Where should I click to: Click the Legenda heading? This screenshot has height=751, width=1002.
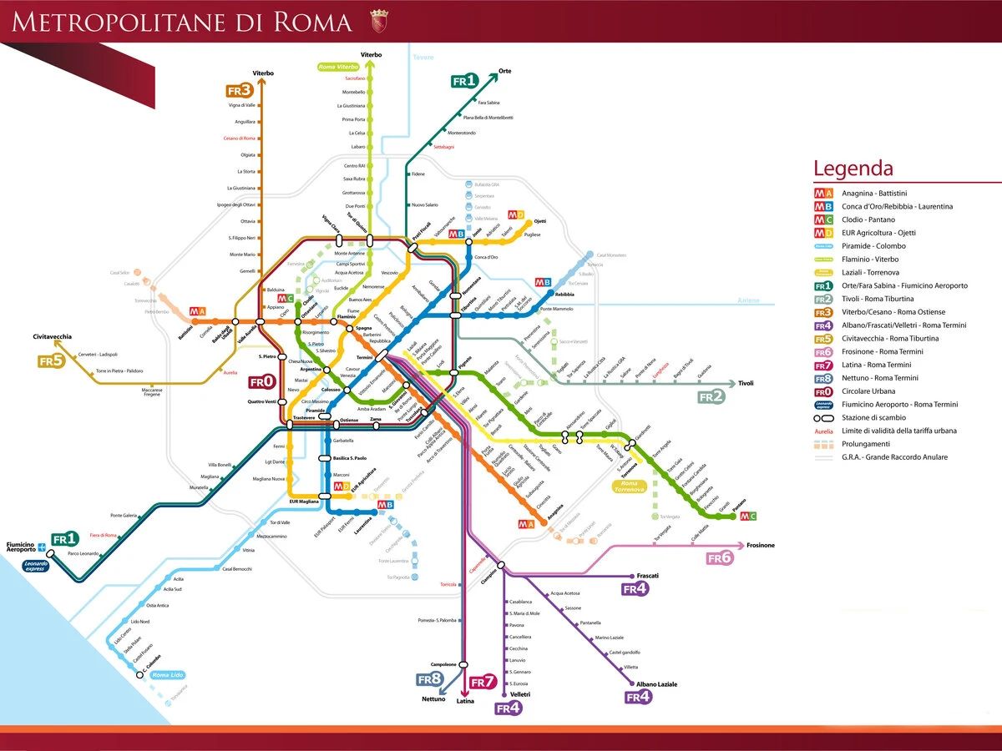click(853, 169)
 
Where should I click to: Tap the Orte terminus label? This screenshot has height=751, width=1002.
click(504, 71)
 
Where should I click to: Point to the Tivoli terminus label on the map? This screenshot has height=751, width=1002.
click(746, 383)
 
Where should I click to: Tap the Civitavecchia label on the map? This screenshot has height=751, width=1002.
click(53, 336)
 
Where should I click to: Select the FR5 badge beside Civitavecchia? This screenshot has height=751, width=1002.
click(51, 361)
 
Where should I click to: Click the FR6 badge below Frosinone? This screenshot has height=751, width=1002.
click(720, 557)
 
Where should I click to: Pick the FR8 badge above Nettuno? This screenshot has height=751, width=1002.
click(429, 679)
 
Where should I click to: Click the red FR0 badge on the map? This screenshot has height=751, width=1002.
click(261, 381)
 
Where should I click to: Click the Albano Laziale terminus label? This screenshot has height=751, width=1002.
click(656, 683)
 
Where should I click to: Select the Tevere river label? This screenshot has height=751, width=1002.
click(424, 57)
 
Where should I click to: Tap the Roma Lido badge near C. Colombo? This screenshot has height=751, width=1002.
click(167, 674)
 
